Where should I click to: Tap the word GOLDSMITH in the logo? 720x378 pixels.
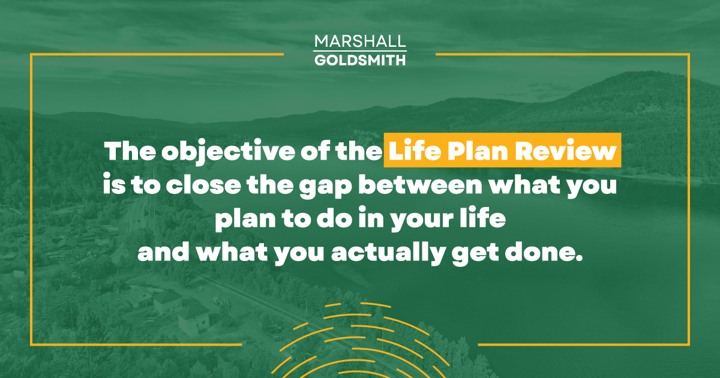coord(360,60)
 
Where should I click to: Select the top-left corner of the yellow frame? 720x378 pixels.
coord(31,55)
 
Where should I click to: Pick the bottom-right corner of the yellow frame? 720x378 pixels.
coord(688,344)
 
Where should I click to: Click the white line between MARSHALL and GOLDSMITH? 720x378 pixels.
coord(360,51)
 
